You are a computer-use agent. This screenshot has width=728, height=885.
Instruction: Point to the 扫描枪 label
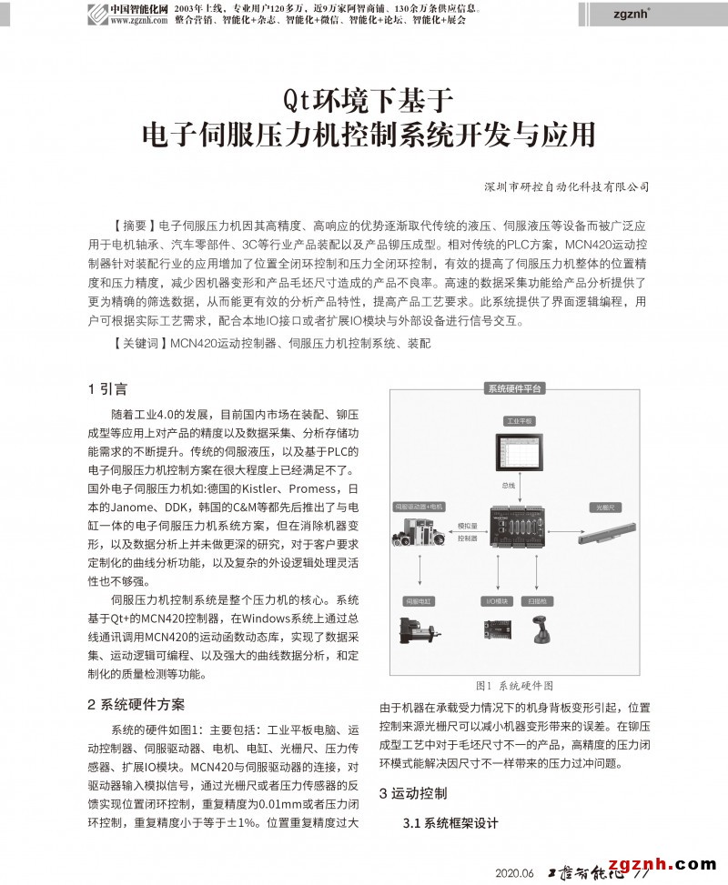[x=537, y=600]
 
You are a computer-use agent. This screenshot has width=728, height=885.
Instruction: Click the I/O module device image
[x=496, y=629]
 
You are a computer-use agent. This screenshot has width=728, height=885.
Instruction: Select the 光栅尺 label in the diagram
[x=603, y=507]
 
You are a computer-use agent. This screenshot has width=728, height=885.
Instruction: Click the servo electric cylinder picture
[x=420, y=629]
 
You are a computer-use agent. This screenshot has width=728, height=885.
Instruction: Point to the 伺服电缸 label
[x=417, y=600]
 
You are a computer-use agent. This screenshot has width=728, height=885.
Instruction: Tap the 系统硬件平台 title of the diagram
[x=514, y=388]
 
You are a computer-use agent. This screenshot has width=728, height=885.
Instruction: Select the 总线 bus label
[x=509, y=486]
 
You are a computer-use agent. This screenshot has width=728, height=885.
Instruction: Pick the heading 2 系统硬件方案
[x=136, y=705]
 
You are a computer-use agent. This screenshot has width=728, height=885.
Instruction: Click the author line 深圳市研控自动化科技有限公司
[x=567, y=186]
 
